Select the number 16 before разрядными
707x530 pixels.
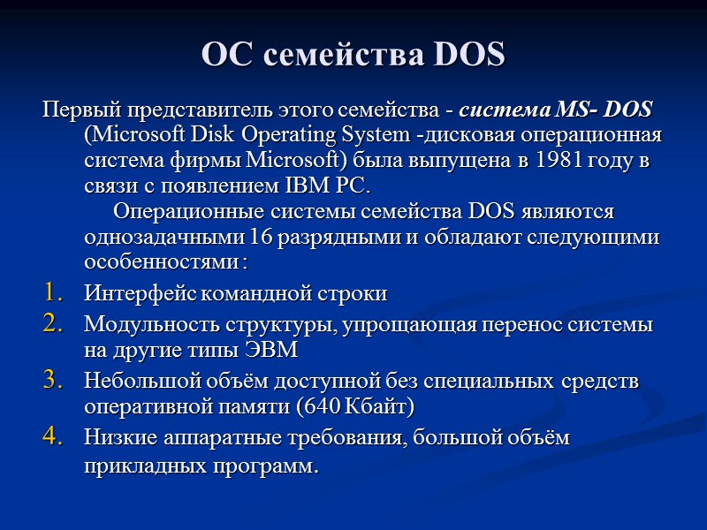pyautogui.click(x=261, y=238)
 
